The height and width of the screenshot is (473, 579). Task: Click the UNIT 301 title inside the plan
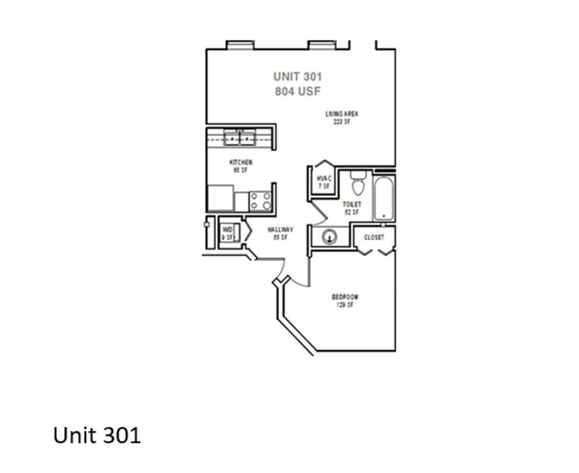click(x=297, y=77)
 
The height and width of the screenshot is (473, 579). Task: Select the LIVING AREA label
click(x=342, y=114)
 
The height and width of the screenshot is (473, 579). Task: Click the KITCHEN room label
click(x=241, y=163)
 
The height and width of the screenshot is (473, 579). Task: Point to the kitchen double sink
click(x=239, y=137)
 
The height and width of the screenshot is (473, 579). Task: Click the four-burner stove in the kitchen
click(x=260, y=201)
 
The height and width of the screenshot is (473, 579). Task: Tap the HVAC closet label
click(x=324, y=178)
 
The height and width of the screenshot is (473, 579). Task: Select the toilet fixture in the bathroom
click(x=357, y=183)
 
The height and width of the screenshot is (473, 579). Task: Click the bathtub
click(x=384, y=198)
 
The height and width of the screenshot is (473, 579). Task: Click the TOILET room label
click(x=352, y=204)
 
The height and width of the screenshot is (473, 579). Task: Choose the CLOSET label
click(x=374, y=237)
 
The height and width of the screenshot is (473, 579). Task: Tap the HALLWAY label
click(x=280, y=230)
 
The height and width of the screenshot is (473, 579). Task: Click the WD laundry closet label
click(x=227, y=230)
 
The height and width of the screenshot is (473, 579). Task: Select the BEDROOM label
click(x=345, y=297)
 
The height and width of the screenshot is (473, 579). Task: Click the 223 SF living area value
click(x=342, y=122)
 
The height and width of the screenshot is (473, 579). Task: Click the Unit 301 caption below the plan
click(x=97, y=435)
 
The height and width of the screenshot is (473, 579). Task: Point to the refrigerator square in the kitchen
click(x=220, y=198)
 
